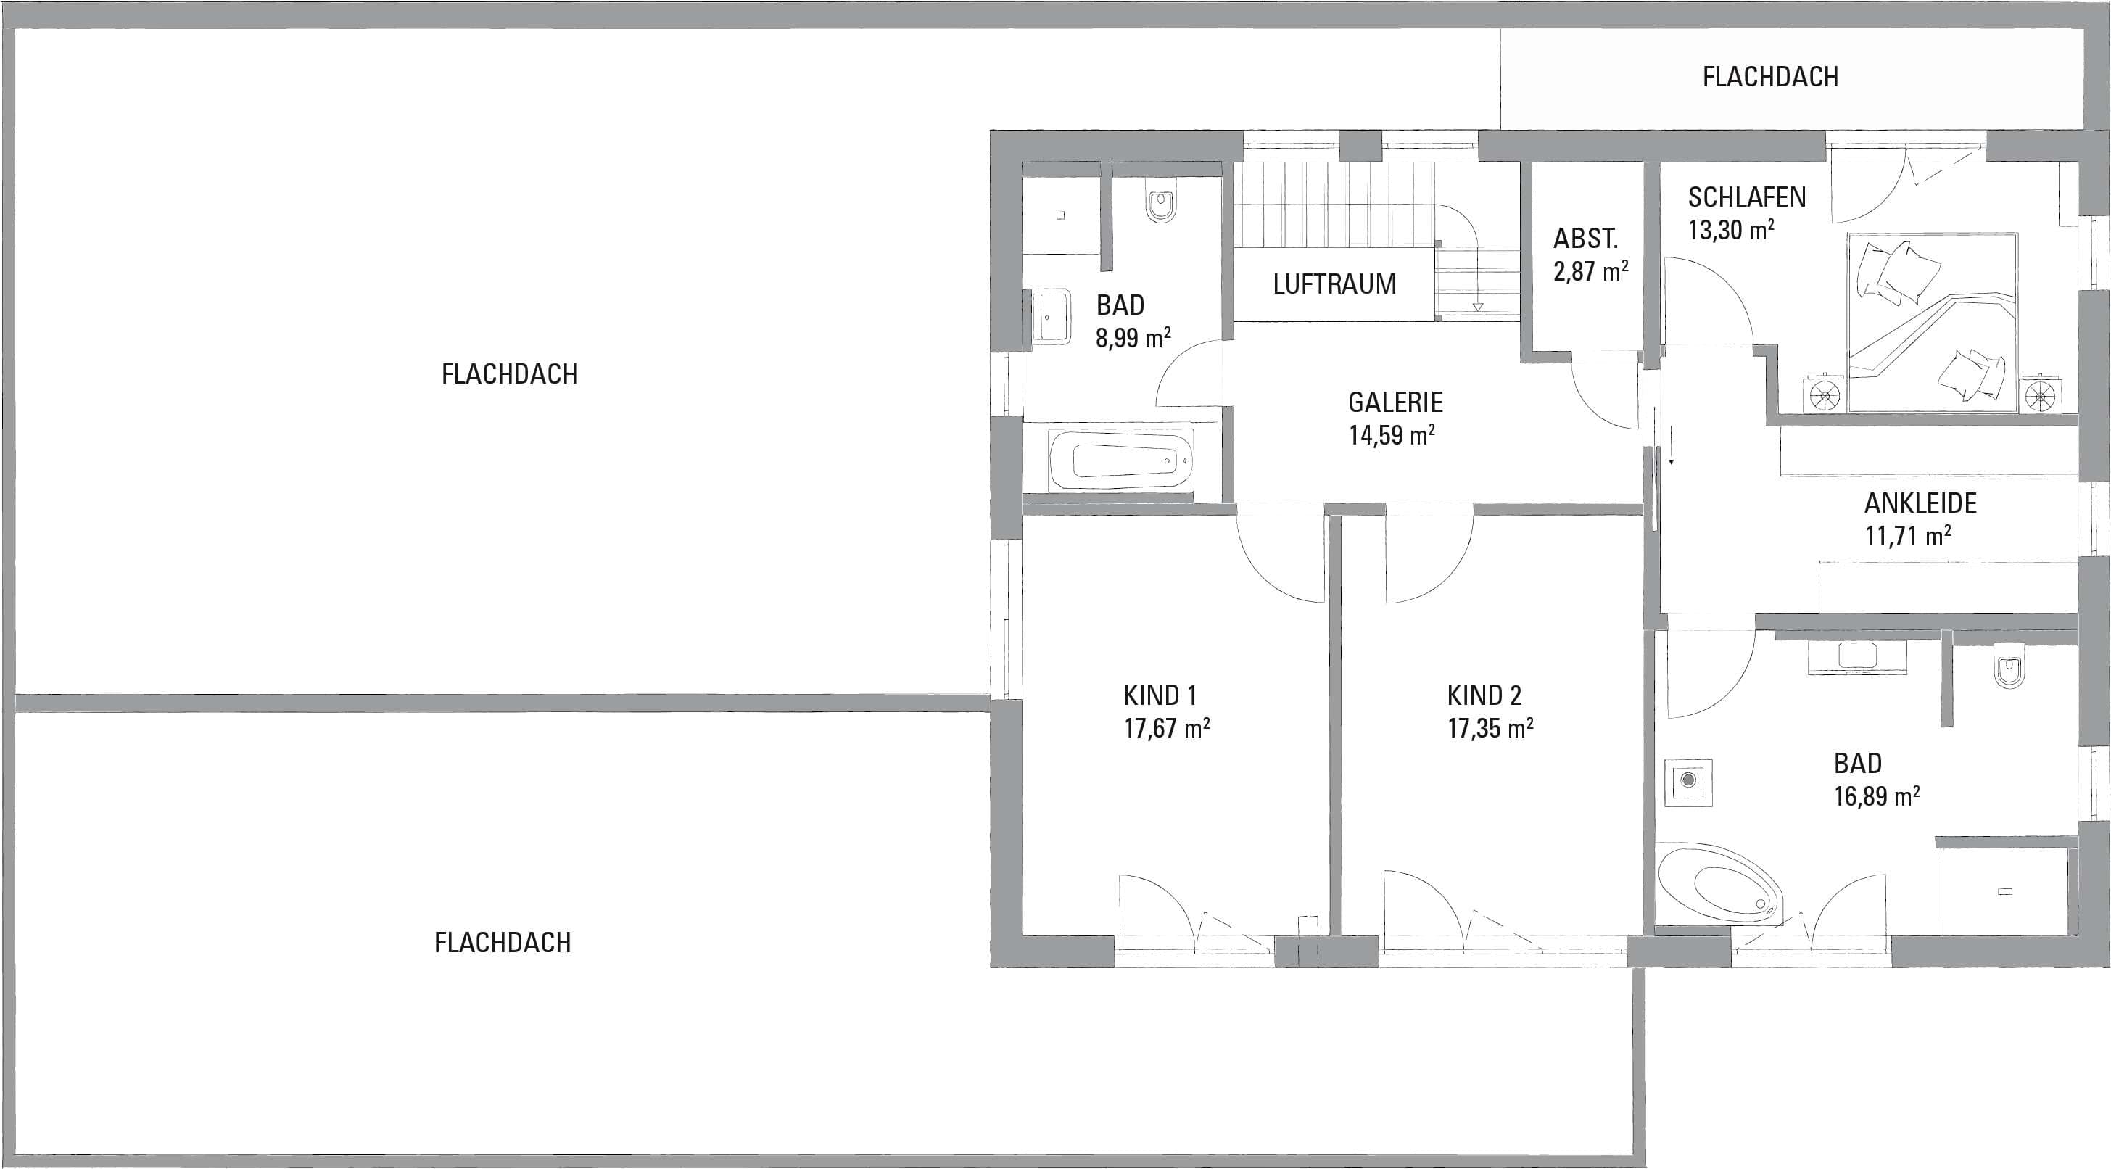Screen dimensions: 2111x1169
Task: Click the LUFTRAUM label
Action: coord(1334,284)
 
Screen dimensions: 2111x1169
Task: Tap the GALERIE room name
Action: coord(1395,402)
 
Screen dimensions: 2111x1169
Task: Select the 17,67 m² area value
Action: coord(1167,728)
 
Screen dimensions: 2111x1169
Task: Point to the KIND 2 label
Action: coord(1484,695)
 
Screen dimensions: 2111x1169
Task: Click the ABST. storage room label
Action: coord(1586,239)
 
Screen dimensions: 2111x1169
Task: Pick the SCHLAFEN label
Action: coord(1746,197)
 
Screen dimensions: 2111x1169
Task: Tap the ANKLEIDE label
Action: coord(1920,503)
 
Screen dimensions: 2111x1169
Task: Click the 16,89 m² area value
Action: coord(1877,796)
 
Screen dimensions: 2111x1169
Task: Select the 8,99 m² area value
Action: coord(1133,337)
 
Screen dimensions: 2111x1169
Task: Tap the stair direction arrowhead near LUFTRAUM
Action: coord(1477,308)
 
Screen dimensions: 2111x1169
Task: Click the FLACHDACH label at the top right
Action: coord(1769,76)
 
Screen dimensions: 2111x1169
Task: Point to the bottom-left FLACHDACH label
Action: coord(503,943)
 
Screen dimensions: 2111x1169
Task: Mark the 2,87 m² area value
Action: coord(1590,270)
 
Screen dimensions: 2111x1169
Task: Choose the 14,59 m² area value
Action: coord(1392,434)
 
